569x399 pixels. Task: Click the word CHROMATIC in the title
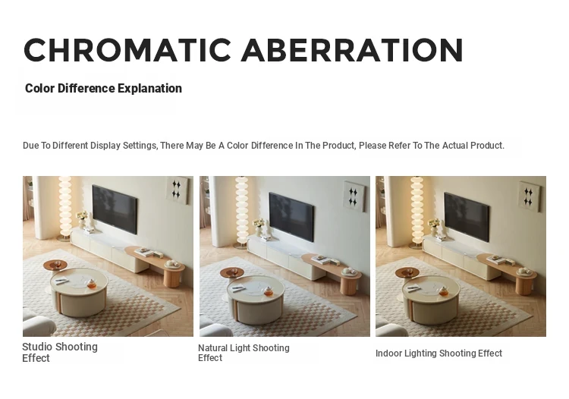coord(127,50)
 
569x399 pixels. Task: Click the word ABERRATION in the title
coord(352,50)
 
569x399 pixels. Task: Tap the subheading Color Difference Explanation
coord(103,88)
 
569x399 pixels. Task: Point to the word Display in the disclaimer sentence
coord(105,146)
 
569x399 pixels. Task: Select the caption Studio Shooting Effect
coord(60,352)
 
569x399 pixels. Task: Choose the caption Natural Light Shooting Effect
coord(244,353)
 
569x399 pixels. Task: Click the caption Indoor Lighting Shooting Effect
coord(439,353)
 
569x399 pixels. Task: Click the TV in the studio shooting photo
coord(115,209)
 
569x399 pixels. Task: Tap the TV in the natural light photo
coord(291,216)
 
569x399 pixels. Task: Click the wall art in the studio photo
coord(177,190)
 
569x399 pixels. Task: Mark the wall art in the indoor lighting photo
coord(529,196)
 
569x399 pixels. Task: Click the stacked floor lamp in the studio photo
coord(64,208)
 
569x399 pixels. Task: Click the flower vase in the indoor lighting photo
coord(434,228)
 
